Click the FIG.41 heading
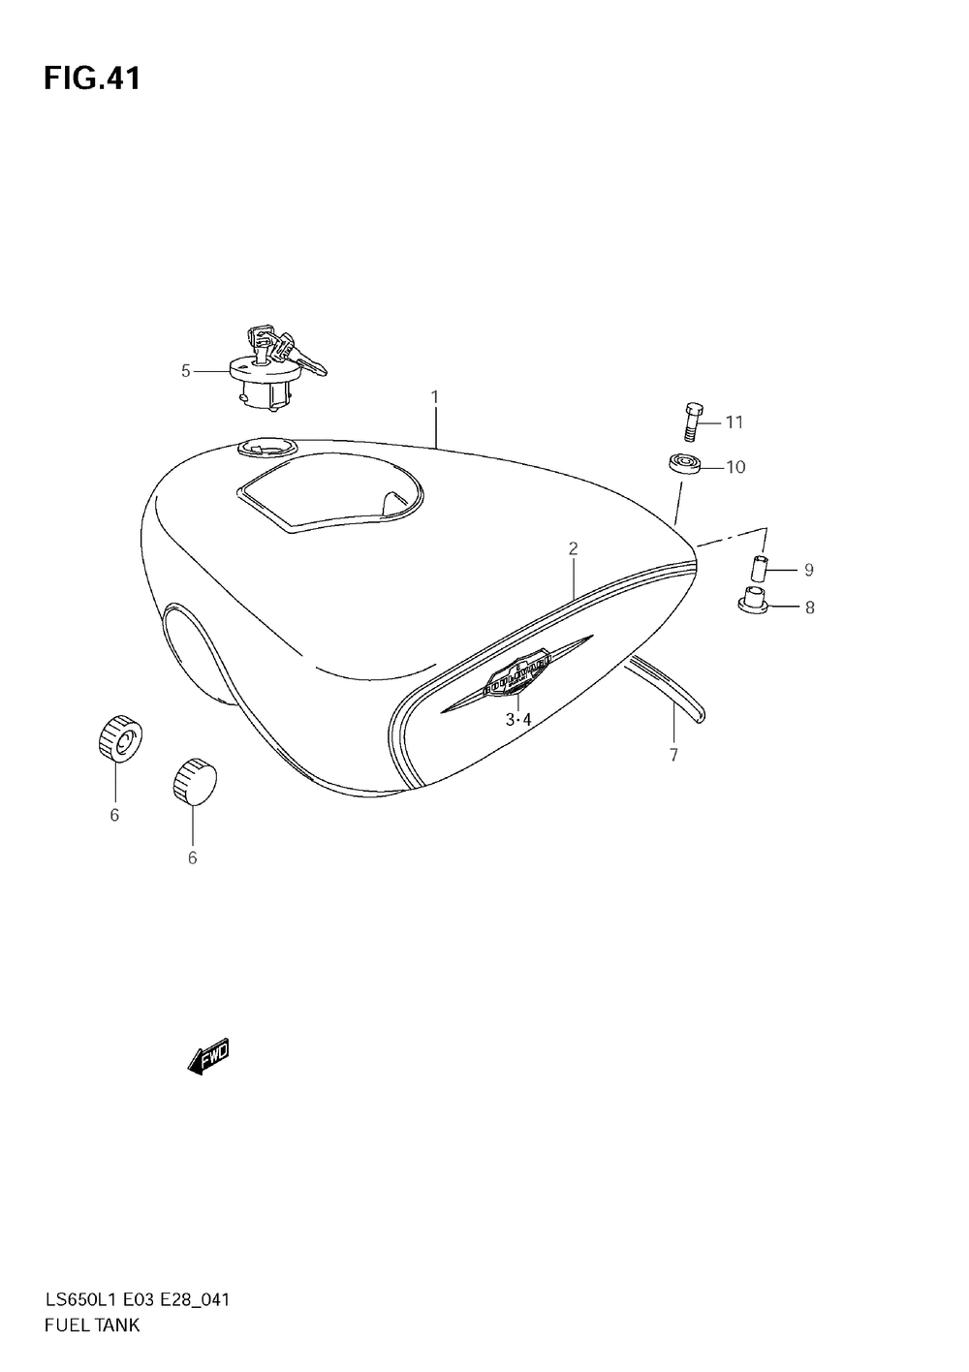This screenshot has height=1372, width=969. coord(92,78)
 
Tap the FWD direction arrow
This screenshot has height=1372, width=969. coord(208,1057)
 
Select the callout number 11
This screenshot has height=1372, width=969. coord(734,421)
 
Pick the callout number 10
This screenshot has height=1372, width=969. coord(735,467)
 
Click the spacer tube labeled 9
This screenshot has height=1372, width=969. coord(761,568)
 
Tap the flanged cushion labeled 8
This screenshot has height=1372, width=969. coord(754,602)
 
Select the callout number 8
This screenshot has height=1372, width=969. coord(809,608)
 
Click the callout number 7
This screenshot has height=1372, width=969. coord(673,755)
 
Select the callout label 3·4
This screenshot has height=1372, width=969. coord(518,719)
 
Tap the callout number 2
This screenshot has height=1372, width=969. coord(573,548)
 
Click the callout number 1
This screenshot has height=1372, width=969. coord(435,396)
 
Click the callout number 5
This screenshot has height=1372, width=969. coord(186,370)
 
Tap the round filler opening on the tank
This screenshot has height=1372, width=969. coord(265,449)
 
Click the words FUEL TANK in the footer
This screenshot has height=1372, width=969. coord(92,1325)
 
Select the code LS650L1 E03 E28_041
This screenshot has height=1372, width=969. coord(136,1299)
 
